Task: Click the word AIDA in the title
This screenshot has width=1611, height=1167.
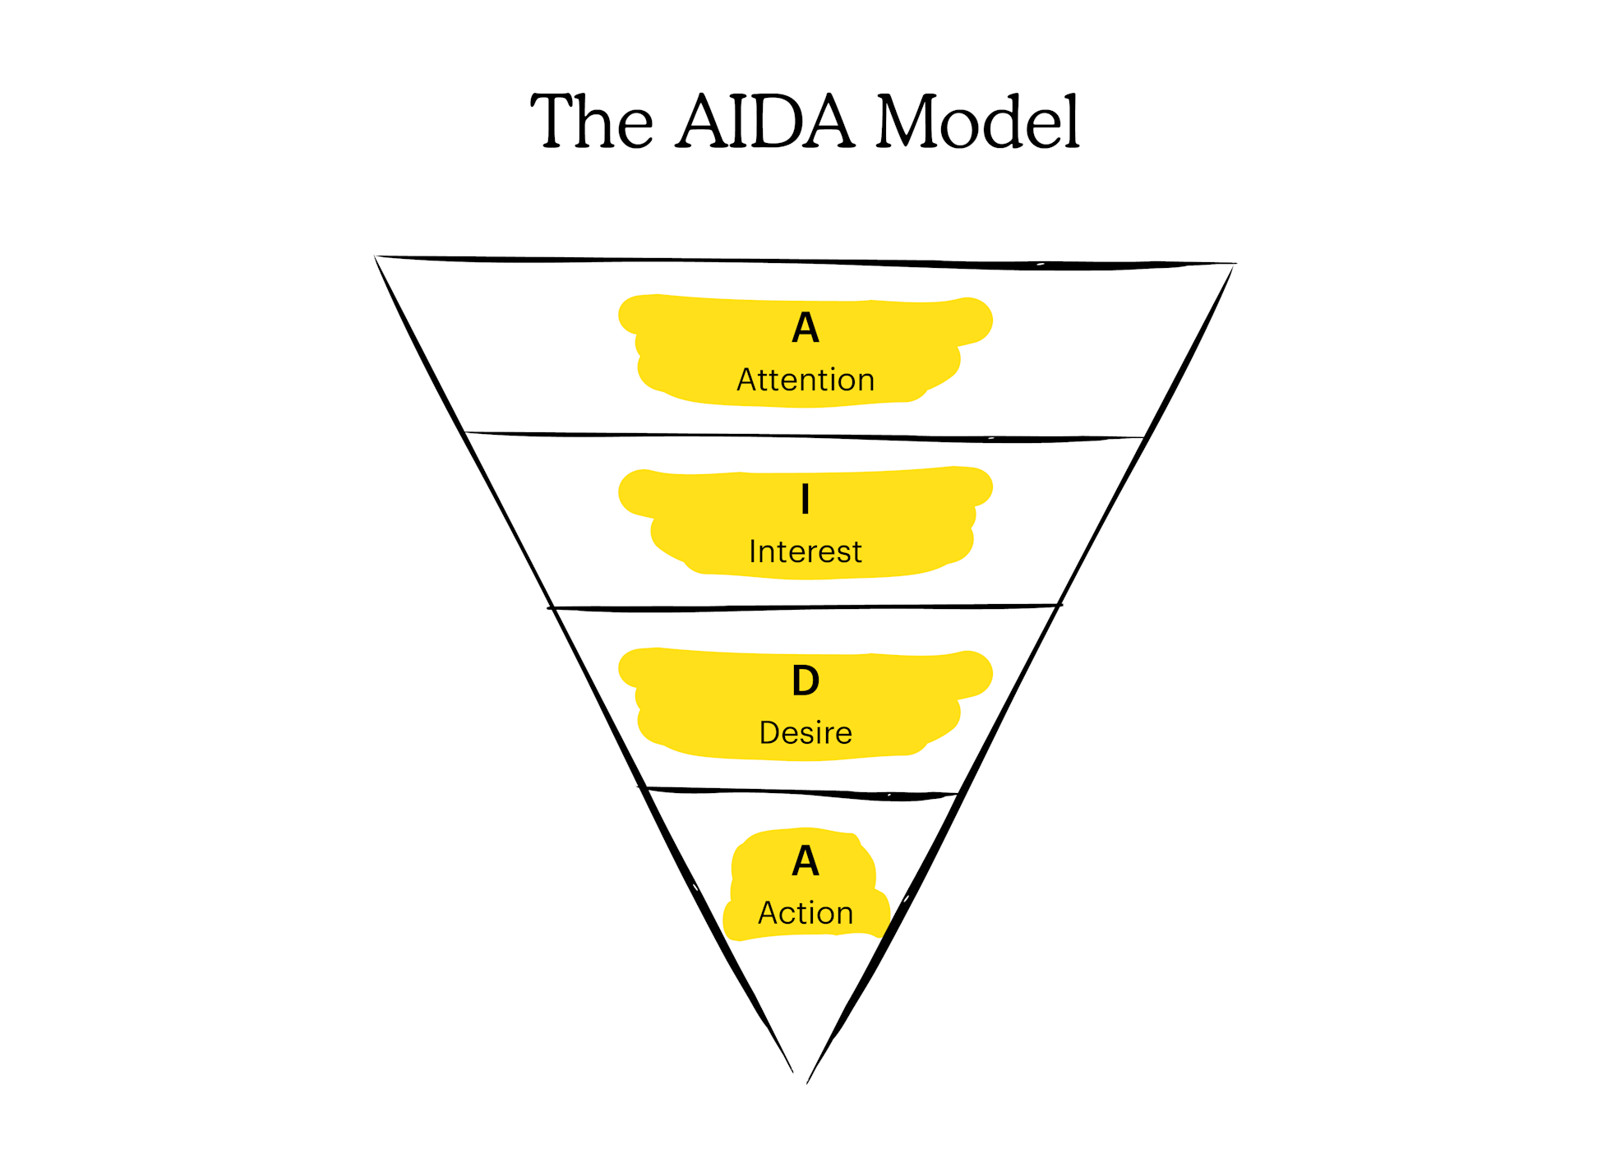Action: (x=764, y=122)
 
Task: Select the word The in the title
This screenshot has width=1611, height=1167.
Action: (x=592, y=122)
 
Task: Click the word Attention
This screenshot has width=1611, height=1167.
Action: (x=805, y=380)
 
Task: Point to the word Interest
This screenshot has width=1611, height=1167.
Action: (x=805, y=551)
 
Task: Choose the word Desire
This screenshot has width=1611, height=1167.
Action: (x=805, y=732)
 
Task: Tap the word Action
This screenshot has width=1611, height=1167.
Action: (x=805, y=913)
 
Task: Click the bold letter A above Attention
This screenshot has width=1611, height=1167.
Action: (x=805, y=328)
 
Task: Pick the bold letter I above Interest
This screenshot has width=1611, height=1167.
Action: (x=805, y=499)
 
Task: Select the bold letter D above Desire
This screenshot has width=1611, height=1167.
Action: (x=805, y=680)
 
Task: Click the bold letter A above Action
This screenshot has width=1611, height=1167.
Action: (x=805, y=861)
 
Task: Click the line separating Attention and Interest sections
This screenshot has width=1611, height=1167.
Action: (x=805, y=436)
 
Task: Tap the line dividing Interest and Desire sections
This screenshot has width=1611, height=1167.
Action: (x=805, y=607)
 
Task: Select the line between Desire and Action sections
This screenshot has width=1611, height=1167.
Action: (x=805, y=792)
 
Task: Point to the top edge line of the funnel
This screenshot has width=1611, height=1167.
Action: (x=805, y=261)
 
